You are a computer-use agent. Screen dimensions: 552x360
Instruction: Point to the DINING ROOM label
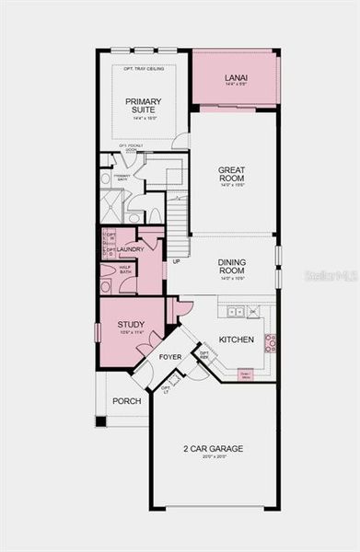pyautogui.click(x=231, y=267)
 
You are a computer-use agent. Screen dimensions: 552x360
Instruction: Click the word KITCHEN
pyautogui.click(x=237, y=339)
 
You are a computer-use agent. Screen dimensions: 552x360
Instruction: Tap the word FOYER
pyautogui.click(x=170, y=356)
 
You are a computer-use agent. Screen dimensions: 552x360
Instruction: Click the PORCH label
pyautogui.click(x=126, y=401)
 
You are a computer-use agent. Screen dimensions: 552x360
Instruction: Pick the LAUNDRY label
pyautogui.click(x=132, y=248)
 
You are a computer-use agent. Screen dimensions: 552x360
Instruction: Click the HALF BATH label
pyautogui.click(x=125, y=270)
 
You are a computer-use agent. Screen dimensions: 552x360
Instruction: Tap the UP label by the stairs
pyautogui.click(x=176, y=261)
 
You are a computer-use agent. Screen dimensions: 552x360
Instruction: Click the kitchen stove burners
pyautogui.click(x=271, y=343)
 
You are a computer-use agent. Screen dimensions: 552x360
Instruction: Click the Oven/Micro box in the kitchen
pyautogui.click(x=246, y=374)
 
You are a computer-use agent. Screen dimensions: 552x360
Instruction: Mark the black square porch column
pyautogui.click(x=100, y=420)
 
